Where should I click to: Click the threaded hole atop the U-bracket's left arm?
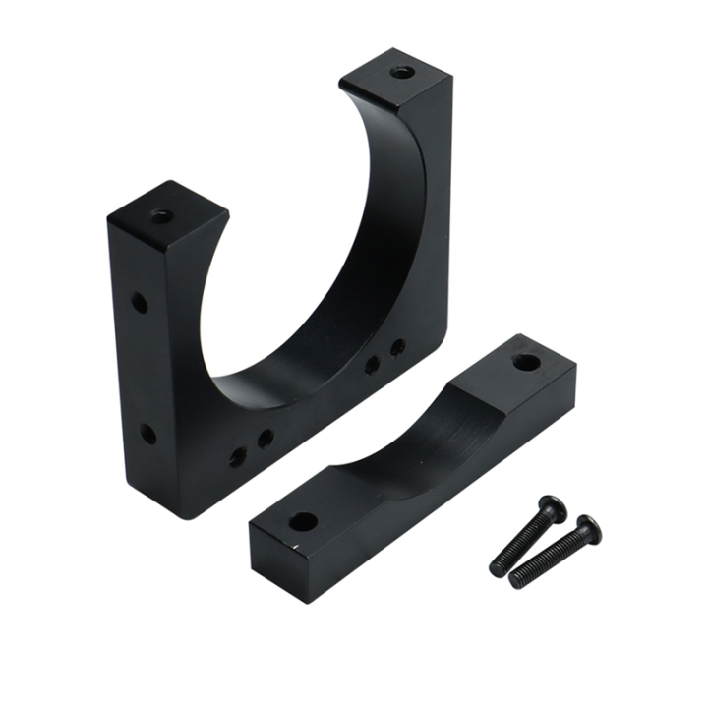point(161,215)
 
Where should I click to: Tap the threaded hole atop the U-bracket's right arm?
point(401,72)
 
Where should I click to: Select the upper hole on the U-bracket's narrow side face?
point(140,303)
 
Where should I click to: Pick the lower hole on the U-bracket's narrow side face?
point(147,433)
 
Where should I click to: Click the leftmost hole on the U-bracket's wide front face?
point(238,456)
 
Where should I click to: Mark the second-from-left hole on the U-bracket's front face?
point(265,439)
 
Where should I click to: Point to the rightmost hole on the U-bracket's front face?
point(398,347)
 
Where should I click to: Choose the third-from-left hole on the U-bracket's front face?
point(373,366)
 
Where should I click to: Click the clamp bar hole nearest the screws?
point(526,362)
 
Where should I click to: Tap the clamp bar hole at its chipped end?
point(303,521)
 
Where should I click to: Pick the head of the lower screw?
point(588,528)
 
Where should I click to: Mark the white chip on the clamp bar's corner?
point(291,541)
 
